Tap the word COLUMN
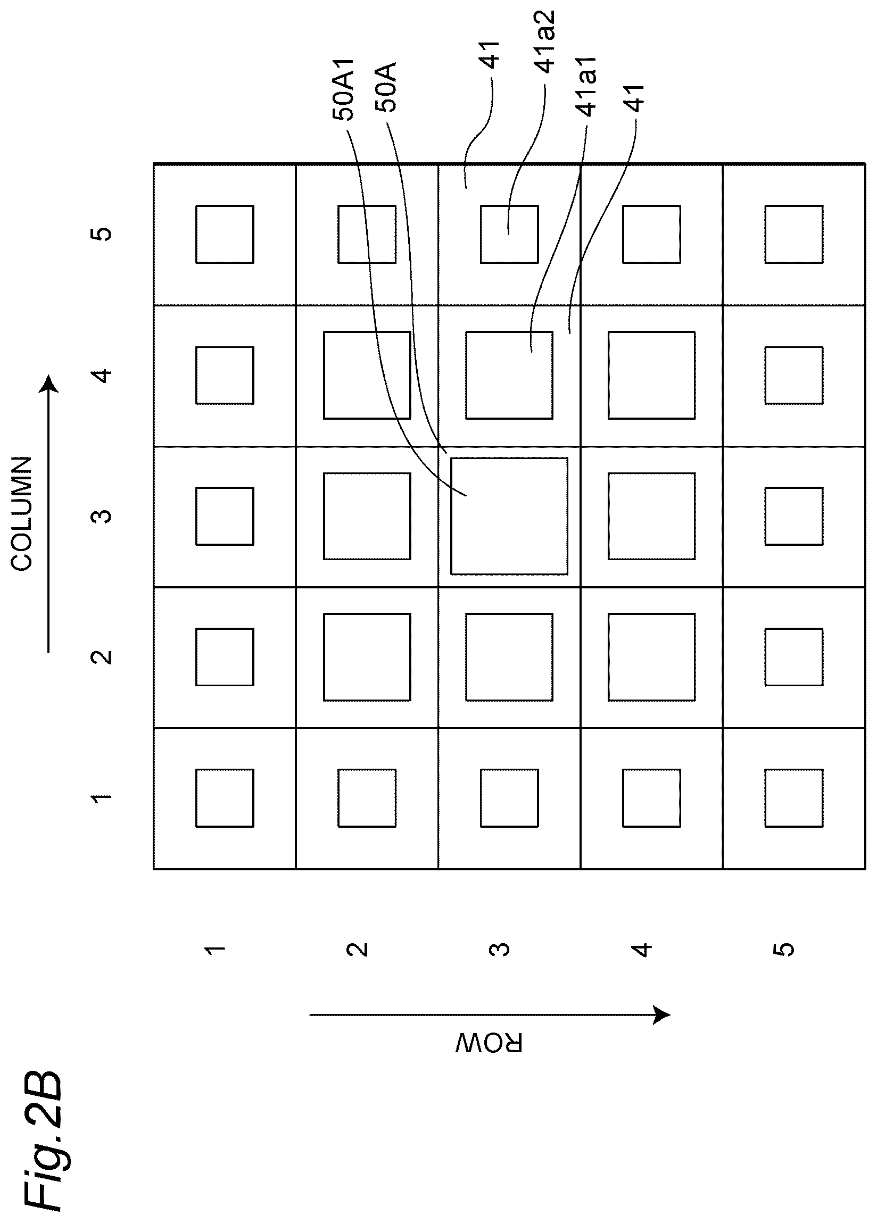pyautogui.click(x=23, y=513)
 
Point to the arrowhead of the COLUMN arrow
pyautogui.click(x=49, y=384)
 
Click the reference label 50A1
pyautogui.click(x=344, y=88)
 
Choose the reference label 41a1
pyautogui.click(x=586, y=86)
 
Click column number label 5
pyautogui.click(x=102, y=234)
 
